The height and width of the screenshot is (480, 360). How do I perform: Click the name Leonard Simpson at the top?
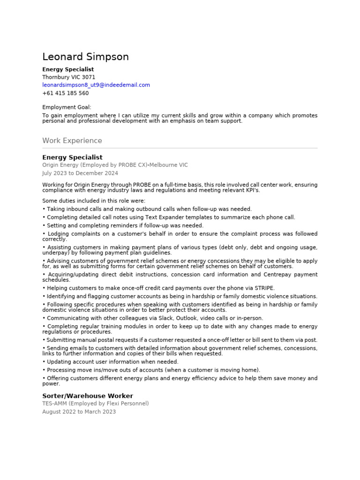tap(85, 57)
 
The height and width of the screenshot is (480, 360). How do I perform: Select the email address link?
tap(96, 85)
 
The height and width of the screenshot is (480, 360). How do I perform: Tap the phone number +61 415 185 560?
tap(65, 93)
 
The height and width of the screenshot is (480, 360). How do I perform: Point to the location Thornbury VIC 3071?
tap(68, 77)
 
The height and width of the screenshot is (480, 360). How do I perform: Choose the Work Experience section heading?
tap(72, 141)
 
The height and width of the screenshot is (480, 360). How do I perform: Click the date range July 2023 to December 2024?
tap(80, 173)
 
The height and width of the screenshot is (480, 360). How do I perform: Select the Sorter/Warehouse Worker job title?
tap(87, 396)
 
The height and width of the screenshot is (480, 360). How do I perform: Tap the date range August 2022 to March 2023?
tap(79, 412)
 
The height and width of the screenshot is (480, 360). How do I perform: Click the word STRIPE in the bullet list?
tap(265, 288)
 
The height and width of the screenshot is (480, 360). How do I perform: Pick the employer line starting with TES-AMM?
tap(95, 403)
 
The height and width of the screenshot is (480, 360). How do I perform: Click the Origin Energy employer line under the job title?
tap(115, 165)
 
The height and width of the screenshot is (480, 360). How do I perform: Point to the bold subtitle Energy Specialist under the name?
tap(68, 69)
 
